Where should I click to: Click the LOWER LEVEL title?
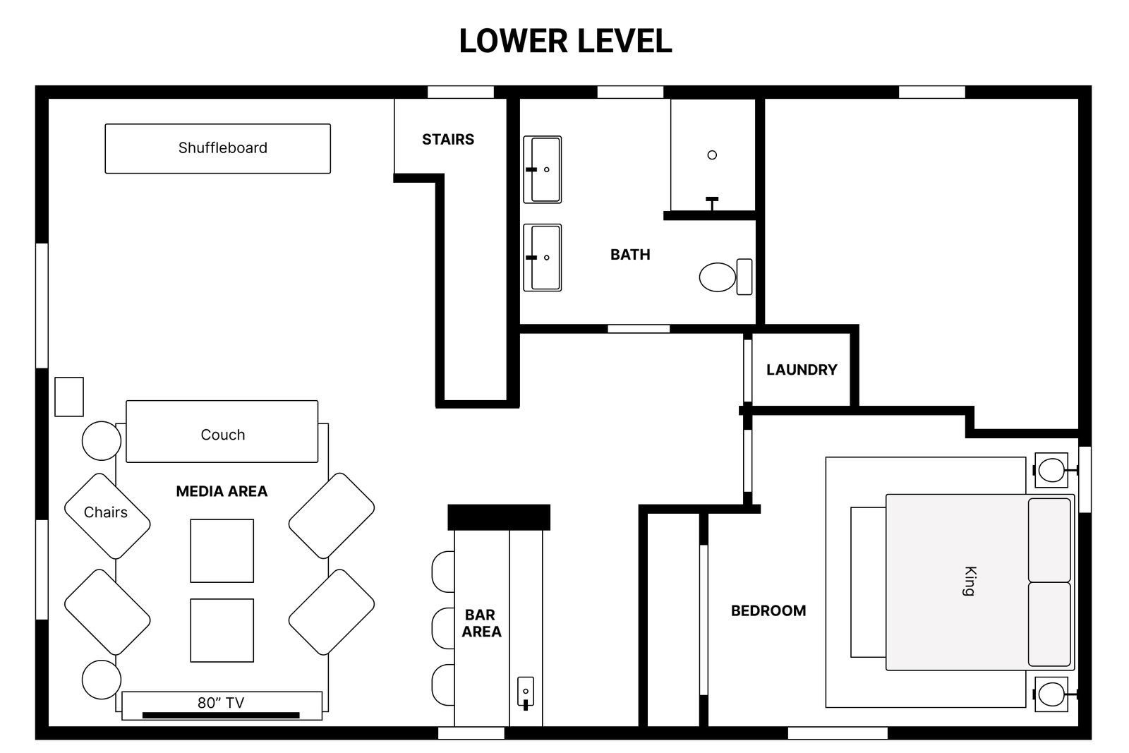[x=565, y=41]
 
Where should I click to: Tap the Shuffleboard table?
[x=218, y=149]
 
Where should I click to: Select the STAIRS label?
[x=448, y=139]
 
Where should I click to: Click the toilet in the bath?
[x=726, y=277]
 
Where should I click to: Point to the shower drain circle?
[x=712, y=155]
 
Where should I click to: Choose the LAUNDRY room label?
[x=802, y=370]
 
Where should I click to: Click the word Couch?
[x=223, y=435]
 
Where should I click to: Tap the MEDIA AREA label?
[x=222, y=491]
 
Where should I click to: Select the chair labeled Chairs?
[x=107, y=516]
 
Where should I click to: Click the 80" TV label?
[x=221, y=703]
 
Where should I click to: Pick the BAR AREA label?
[x=481, y=623]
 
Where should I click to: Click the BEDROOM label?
[x=768, y=611]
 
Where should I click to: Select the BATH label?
[x=630, y=255]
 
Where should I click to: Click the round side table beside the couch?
[x=102, y=441]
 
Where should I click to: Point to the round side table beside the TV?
[x=102, y=680]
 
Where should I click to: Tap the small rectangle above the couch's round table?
[x=69, y=397]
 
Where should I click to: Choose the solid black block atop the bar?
[x=499, y=517]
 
